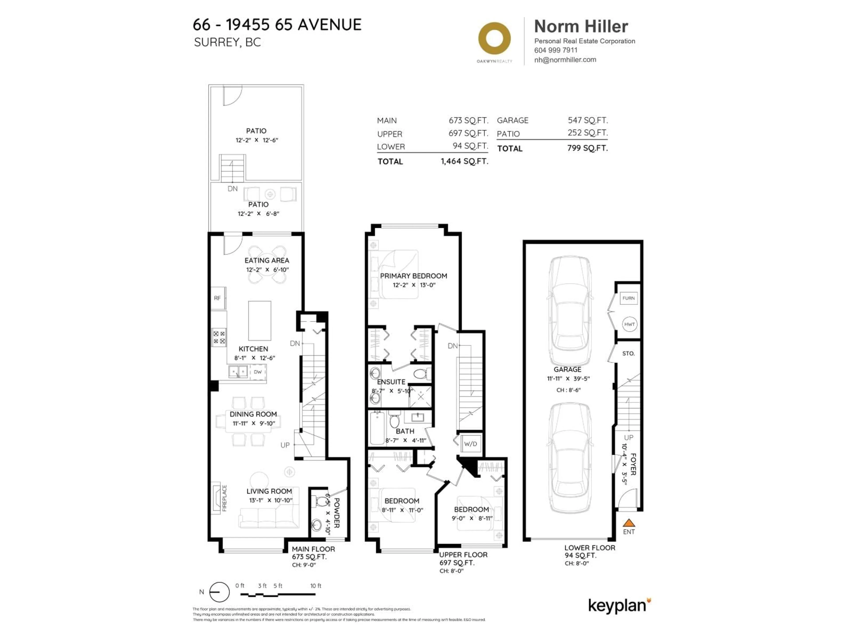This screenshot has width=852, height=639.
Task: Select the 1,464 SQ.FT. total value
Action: [464, 161]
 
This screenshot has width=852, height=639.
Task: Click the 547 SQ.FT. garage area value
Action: [587, 120]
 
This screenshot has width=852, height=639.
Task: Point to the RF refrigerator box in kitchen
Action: [218, 298]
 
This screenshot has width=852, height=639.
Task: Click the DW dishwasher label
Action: [258, 372]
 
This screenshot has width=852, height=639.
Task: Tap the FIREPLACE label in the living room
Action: [224, 498]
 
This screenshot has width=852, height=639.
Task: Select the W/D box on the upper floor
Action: [470, 444]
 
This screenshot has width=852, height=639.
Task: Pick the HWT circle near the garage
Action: [629, 324]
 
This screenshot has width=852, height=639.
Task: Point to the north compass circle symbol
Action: [219, 592]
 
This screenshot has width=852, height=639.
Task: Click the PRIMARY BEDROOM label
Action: [413, 276]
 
